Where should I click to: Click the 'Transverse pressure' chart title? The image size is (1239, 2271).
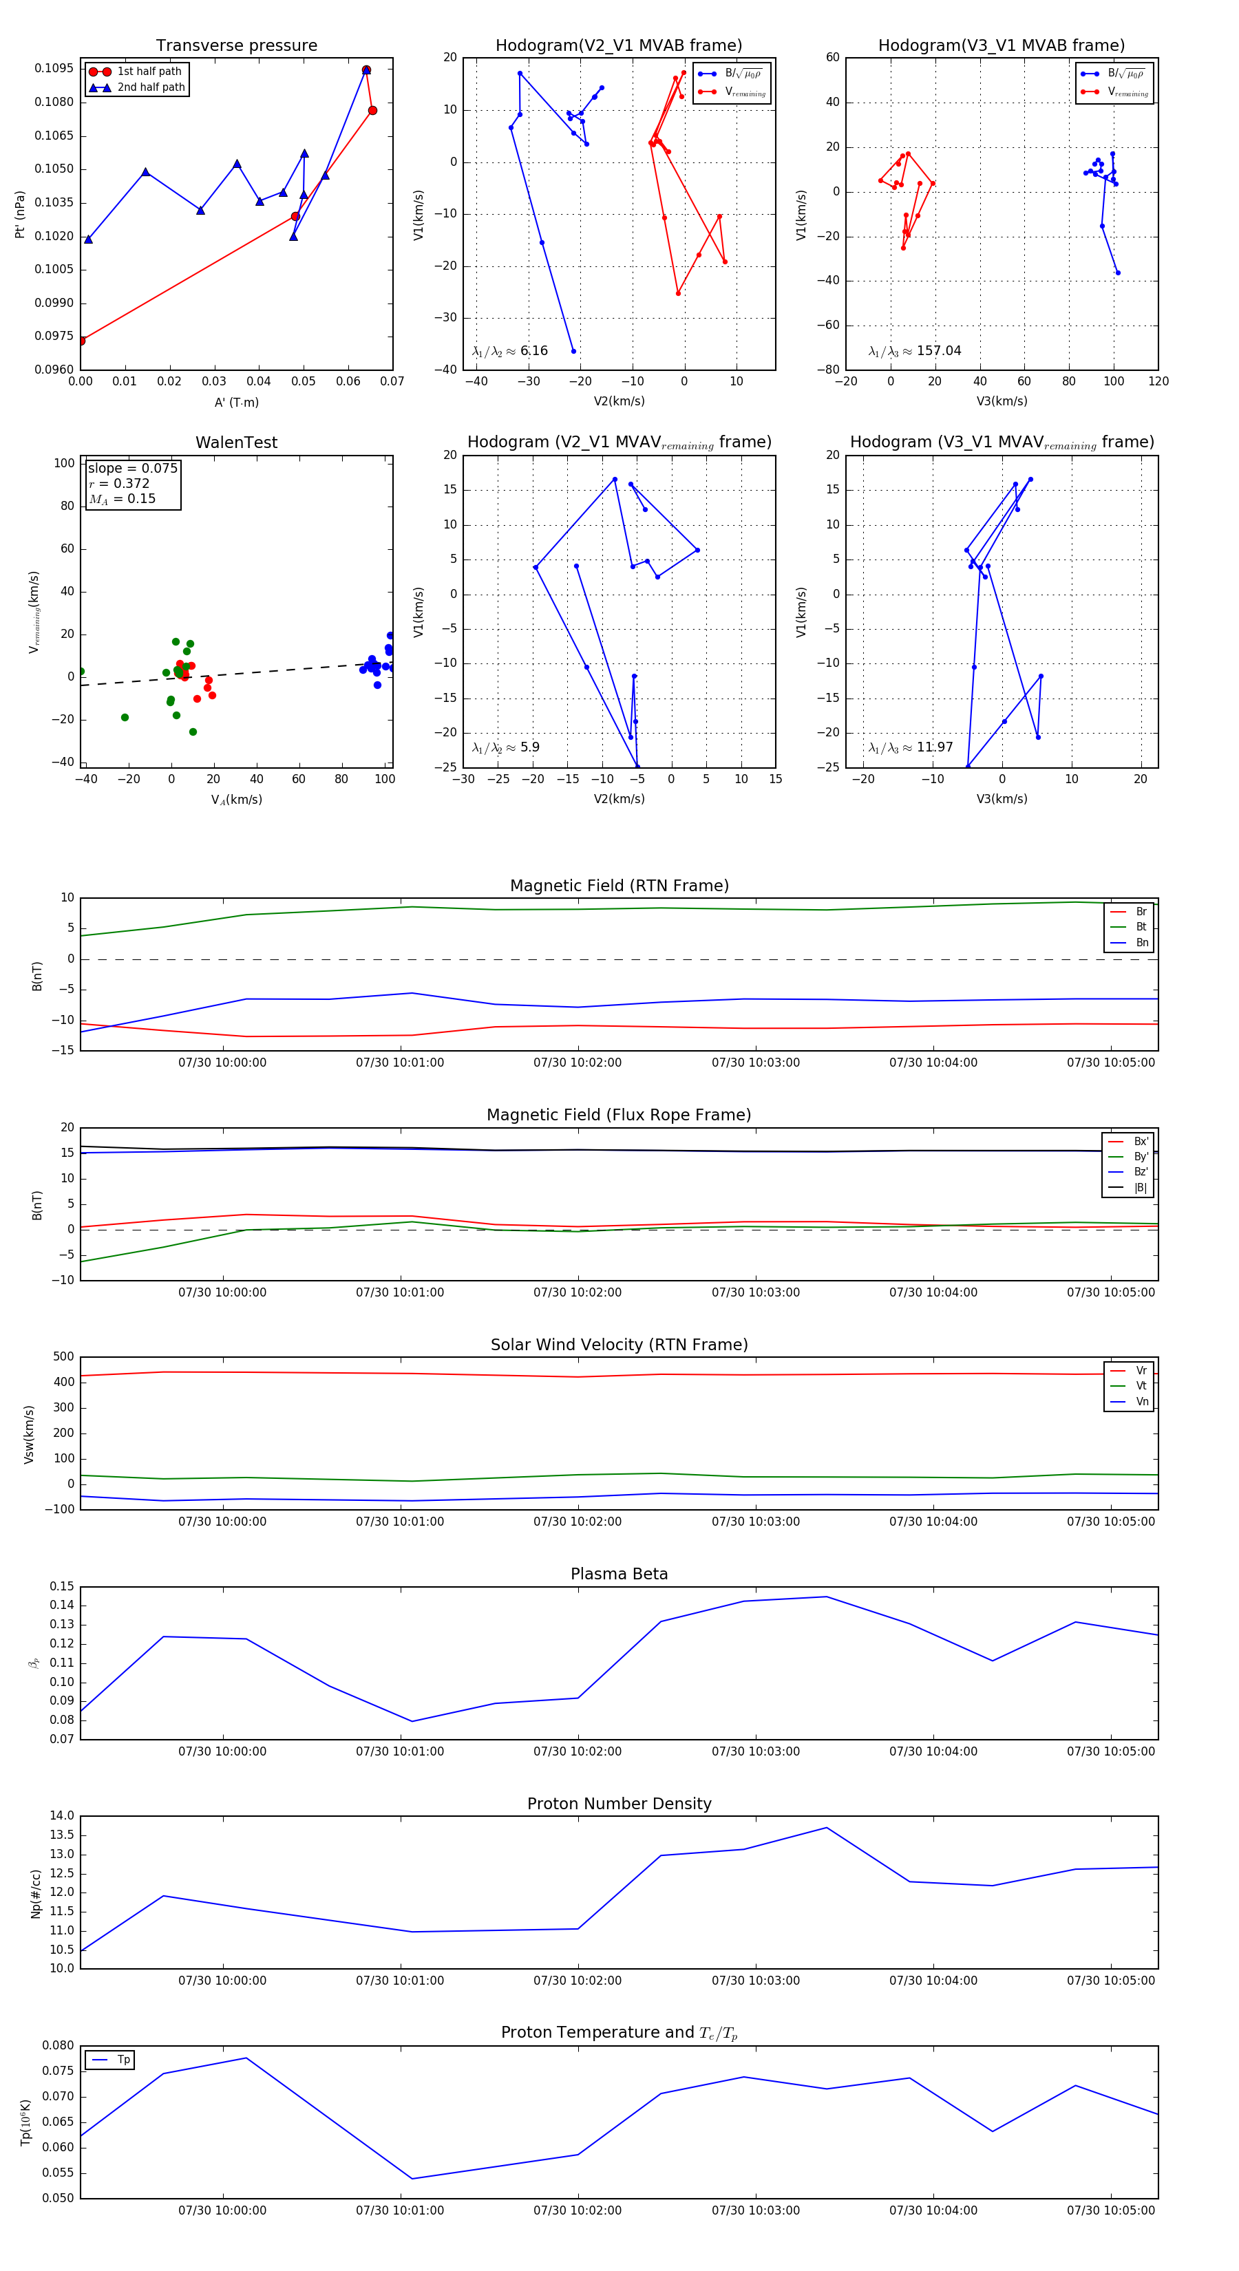(236, 46)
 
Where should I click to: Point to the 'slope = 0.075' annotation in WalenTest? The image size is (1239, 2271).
(132, 468)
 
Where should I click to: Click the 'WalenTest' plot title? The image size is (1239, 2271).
(236, 443)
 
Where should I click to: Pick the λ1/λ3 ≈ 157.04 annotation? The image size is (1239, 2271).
(915, 351)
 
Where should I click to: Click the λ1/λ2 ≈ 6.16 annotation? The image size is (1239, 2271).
(509, 351)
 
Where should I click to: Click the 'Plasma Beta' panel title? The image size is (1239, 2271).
(619, 1574)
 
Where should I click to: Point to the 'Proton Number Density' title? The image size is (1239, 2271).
(619, 1803)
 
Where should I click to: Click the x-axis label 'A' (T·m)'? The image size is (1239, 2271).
(236, 402)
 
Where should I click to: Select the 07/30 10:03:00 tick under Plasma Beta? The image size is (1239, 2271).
(756, 1751)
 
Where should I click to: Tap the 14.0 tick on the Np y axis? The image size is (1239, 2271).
(62, 1815)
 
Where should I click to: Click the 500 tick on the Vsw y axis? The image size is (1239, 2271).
(63, 1357)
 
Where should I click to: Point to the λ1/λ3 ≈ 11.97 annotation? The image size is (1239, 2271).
(910, 747)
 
